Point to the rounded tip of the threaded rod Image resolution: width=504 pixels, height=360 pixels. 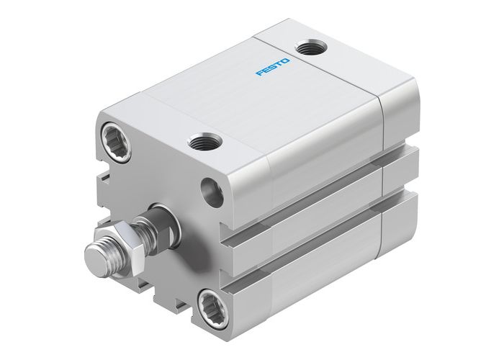(93, 257)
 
